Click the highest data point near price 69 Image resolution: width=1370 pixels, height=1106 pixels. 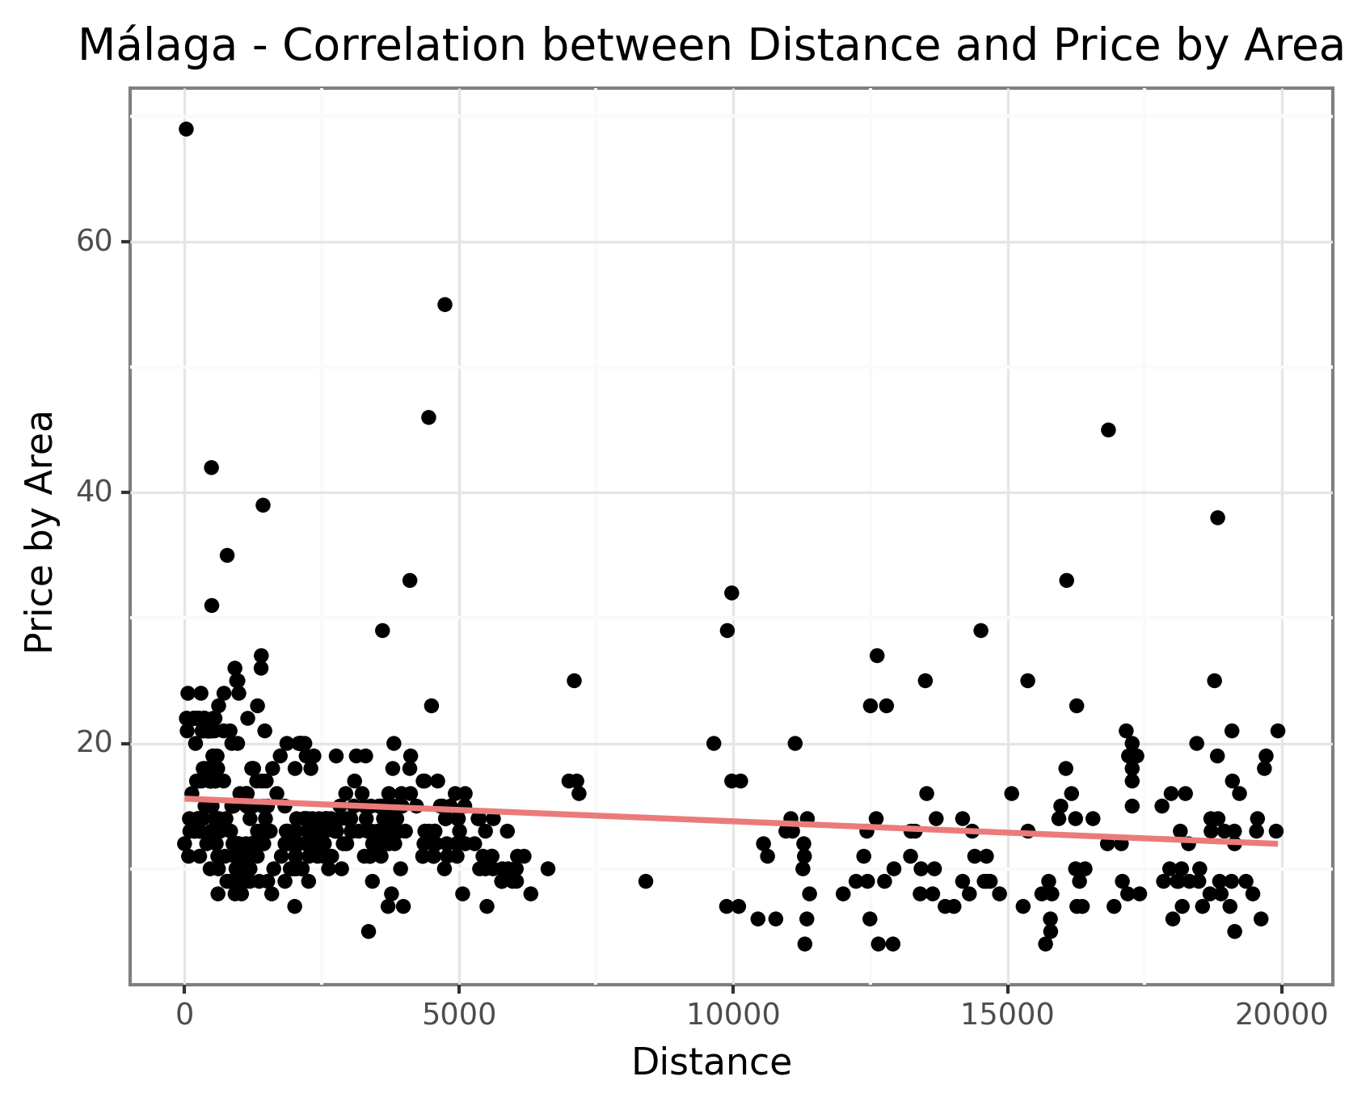186,129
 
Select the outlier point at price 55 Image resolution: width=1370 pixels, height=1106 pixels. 445,305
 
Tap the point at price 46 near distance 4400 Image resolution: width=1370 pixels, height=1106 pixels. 428,417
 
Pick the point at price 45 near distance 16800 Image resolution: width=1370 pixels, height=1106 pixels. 1108,430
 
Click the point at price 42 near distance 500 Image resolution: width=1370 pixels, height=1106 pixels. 212,467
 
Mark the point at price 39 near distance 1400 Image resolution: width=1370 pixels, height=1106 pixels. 263,505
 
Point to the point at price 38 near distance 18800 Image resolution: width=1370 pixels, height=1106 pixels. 1217,517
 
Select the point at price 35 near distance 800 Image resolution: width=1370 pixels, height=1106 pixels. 227,555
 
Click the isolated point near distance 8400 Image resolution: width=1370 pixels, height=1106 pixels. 645,881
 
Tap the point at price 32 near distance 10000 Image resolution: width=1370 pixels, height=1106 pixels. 731,593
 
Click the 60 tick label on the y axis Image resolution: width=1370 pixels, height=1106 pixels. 93,242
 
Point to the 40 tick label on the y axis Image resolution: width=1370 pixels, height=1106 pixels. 93,492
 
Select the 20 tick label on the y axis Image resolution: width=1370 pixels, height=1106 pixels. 93,743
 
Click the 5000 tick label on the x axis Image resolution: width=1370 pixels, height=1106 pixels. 459,1015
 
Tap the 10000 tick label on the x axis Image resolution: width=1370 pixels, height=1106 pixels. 732,1015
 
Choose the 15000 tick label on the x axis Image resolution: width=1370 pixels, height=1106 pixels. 1007,1015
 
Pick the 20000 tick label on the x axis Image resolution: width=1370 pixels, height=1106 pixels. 1281,1015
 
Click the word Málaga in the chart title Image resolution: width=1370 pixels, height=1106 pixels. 158,46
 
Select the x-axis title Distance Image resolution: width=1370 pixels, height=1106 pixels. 711,1062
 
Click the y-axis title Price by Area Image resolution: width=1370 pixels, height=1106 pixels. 39,532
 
